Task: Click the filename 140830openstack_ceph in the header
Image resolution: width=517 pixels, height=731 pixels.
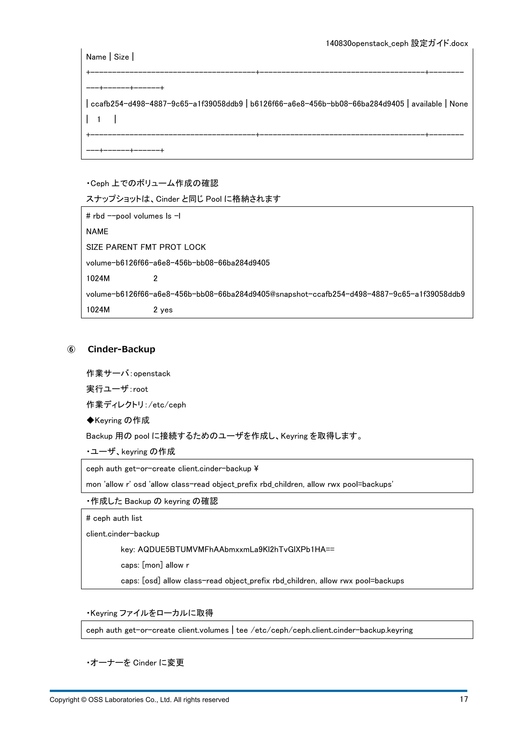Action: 367,44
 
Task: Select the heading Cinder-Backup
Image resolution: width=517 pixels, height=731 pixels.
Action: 121,349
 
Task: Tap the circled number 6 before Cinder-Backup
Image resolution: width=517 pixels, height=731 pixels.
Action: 71,350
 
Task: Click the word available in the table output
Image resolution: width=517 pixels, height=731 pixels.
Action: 427,104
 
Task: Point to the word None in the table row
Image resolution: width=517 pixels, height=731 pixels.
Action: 458,104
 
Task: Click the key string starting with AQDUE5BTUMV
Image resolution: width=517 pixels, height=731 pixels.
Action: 236,550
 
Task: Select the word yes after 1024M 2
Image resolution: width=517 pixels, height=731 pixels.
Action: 166,310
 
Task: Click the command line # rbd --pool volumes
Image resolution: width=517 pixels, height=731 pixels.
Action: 133,216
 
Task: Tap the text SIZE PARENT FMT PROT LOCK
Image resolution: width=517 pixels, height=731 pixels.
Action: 146,247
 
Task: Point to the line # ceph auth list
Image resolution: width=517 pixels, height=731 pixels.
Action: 114,518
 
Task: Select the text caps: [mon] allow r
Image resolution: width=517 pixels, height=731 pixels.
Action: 155,565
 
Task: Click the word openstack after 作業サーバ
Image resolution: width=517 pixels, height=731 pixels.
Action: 152,374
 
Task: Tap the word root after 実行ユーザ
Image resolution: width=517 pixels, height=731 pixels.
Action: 140,389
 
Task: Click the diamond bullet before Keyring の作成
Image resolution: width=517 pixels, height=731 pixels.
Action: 90,420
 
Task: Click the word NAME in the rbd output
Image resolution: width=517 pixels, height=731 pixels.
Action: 97,232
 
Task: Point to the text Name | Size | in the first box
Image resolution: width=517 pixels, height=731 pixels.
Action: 110,57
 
